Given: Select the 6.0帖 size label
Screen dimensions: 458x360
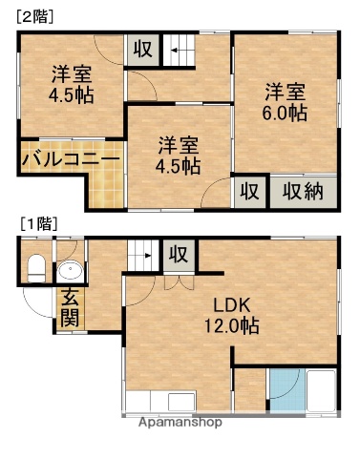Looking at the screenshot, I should pyautogui.click(x=286, y=113).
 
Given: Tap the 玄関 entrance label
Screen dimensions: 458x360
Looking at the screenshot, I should pyautogui.click(x=72, y=306).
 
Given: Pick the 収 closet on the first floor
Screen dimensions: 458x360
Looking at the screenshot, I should pyautogui.click(x=178, y=254).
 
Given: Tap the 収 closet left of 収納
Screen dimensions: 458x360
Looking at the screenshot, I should pyautogui.click(x=248, y=191).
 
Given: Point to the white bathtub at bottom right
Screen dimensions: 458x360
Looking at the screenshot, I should pyautogui.click(x=319, y=390).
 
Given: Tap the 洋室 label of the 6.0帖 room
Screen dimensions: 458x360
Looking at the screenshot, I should pyautogui.click(x=286, y=92).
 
